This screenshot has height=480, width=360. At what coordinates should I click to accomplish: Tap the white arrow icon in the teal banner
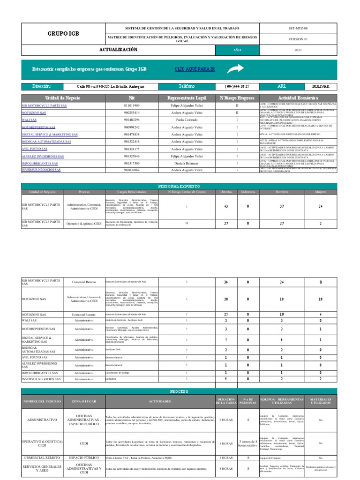tap(234, 69)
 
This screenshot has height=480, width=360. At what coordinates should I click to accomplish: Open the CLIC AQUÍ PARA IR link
tap(195, 69)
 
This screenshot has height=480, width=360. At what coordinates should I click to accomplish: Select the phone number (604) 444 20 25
tap(237, 86)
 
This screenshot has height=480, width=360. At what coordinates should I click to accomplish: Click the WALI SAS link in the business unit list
tap(29, 120)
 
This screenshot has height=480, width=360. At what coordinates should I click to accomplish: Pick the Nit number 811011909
tap(132, 106)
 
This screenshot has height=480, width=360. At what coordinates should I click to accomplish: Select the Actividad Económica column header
tap(298, 97)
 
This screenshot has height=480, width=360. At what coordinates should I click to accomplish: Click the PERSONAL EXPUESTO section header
tap(180, 186)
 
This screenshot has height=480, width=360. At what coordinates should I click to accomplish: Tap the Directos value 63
tap(226, 207)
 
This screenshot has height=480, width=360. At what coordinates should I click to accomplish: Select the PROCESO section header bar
tap(180, 391)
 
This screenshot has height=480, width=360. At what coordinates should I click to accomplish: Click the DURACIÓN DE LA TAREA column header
tap(226, 401)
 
